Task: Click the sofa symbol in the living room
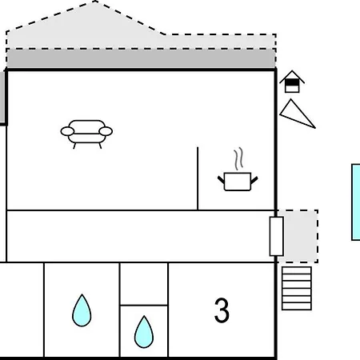[86, 134]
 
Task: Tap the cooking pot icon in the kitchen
[238, 182]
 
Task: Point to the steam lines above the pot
[239, 158]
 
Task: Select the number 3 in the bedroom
[222, 310]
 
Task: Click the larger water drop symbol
[82, 310]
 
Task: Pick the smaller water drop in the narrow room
[144, 332]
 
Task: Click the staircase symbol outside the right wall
[297, 288]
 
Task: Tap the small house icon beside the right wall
[292, 82]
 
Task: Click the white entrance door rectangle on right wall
[277, 236]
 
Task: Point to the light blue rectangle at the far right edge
[356, 202]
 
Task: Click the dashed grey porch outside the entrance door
[301, 236]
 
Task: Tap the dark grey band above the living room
[141, 58]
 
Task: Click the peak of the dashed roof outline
[94, 2]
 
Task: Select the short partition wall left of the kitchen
[198, 178]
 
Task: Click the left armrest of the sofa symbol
[67, 131]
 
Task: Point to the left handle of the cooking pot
[222, 179]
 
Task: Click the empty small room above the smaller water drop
[144, 284]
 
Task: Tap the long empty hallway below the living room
[138, 236]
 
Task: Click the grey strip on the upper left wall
[2, 97]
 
